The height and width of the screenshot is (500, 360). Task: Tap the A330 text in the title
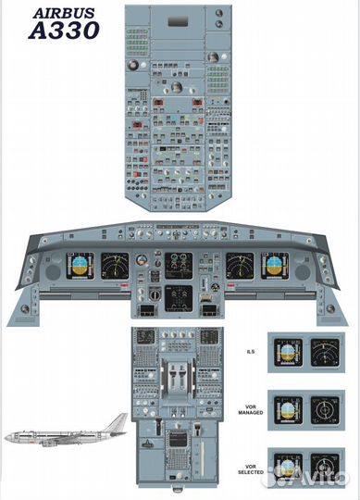tap(62, 31)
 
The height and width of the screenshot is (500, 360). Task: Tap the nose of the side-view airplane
tap(8, 435)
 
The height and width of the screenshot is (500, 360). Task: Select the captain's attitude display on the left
tap(80, 267)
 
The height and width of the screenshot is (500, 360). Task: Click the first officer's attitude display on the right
tap(276, 267)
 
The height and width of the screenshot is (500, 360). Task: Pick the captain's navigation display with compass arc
tap(116, 267)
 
